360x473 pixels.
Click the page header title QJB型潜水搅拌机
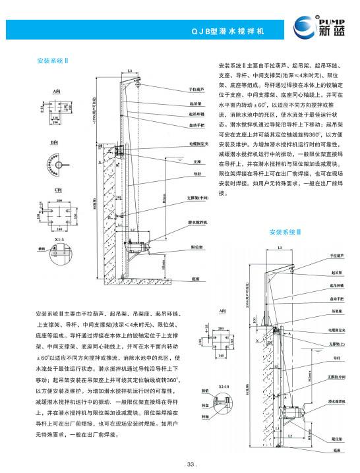pos(227,31)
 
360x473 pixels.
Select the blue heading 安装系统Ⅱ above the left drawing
pos(56,61)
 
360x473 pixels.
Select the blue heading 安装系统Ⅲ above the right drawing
pos(285,232)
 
